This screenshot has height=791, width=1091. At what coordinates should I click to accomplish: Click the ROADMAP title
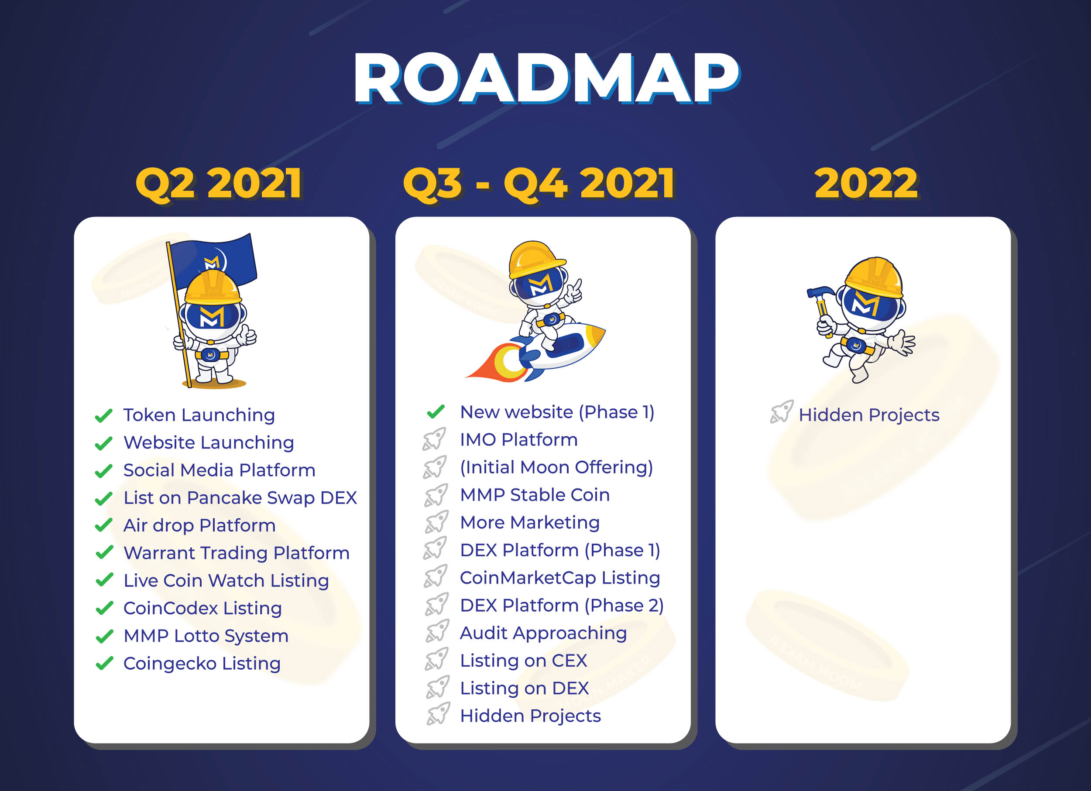(546, 79)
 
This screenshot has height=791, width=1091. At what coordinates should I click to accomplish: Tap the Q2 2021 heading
(220, 183)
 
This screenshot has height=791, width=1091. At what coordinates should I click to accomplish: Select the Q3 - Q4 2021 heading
(539, 183)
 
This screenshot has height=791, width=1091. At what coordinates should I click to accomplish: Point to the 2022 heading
(866, 183)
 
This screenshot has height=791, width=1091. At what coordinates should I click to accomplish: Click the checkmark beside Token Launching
(104, 415)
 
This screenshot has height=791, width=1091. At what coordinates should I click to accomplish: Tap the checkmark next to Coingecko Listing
(104, 664)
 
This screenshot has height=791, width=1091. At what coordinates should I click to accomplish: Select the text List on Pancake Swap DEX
(240, 498)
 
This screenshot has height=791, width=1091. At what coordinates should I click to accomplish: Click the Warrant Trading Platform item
(236, 553)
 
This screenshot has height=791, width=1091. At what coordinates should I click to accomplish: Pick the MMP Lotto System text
(206, 636)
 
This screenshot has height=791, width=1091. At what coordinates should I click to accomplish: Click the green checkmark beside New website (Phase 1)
(436, 411)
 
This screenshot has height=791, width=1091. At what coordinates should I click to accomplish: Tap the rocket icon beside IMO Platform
(434, 439)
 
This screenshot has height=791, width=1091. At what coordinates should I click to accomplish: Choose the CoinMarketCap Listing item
(560, 578)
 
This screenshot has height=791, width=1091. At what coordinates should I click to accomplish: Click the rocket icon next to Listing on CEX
(437, 660)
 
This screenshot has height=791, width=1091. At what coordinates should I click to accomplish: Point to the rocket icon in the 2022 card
(782, 411)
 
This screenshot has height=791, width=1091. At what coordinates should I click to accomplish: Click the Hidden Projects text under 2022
(869, 415)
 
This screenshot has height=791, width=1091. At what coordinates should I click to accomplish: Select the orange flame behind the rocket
(495, 363)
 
